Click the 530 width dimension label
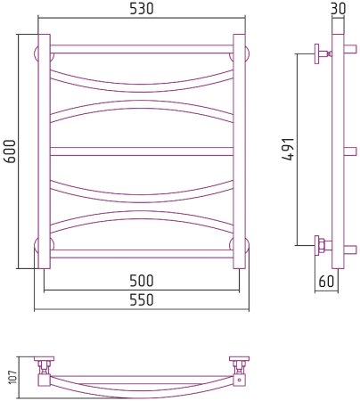(x=142, y=9)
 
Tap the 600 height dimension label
(x=11, y=151)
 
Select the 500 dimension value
(x=142, y=281)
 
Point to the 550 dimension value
(x=142, y=300)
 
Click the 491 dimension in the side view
(x=288, y=150)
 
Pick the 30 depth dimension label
(x=338, y=9)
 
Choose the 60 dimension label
(x=326, y=281)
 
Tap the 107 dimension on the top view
(x=13, y=377)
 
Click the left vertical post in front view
(x=45, y=151)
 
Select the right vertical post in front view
(x=239, y=151)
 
